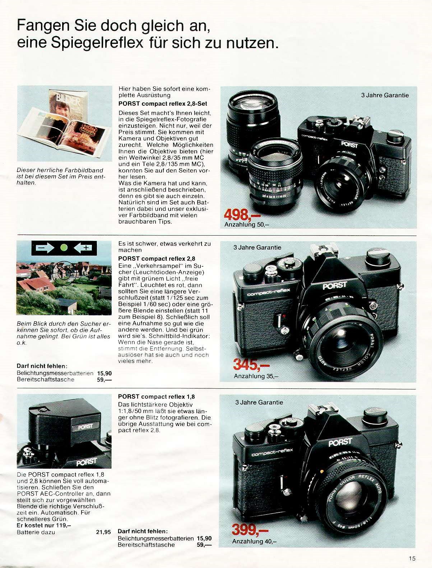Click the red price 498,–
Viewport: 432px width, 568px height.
pyautogui.click(x=242, y=215)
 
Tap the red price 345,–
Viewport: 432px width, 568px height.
pyautogui.click(x=251, y=365)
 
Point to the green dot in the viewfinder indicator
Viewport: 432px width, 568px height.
pyautogui.click(x=64, y=248)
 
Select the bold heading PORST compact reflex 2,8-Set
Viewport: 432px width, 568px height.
pyautogui.click(x=163, y=104)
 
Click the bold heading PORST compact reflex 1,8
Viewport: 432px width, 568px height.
pyautogui.click(x=157, y=397)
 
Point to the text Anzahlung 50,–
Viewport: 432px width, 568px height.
pyautogui.click(x=247, y=224)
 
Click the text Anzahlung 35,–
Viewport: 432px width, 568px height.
pyautogui.click(x=256, y=376)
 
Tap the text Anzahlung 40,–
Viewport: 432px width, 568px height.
pyautogui.click(x=255, y=541)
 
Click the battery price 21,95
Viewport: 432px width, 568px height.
pyautogui.click(x=103, y=532)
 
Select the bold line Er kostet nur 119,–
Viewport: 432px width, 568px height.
pyautogui.click(x=44, y=525)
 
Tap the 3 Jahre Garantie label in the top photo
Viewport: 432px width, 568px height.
pyautogui.click(x=385, y=95)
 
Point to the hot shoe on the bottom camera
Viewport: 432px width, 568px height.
pyautogui.click(x=322, y=408)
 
